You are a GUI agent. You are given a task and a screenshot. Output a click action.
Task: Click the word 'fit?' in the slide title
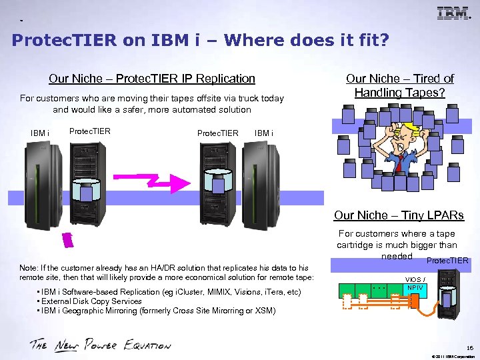coord(371,41)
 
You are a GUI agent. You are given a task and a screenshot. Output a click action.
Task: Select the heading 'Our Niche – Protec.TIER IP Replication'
coord(152,79)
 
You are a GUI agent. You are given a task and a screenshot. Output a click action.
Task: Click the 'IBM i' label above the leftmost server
coord(40,133)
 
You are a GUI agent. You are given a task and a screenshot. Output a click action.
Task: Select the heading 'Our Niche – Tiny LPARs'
coord(399,215)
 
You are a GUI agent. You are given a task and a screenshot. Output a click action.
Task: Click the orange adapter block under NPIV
coord(414,302)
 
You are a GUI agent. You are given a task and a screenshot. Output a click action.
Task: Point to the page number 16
coord(470,347)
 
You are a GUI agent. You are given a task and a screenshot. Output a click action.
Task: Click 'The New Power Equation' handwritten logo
coord(100,345)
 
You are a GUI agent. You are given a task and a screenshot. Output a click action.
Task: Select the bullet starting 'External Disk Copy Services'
coord(91,301)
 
